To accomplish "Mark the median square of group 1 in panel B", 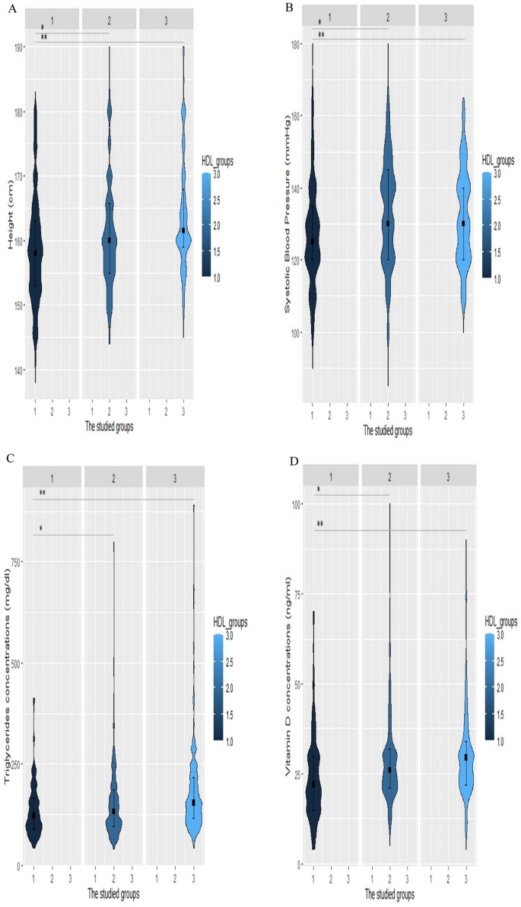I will pyautogui.click(x=312, y=241).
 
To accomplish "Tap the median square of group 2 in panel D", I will pyautogui.click(x=389, y=769).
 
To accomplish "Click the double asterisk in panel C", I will pyautogui.click(x=42, y=493).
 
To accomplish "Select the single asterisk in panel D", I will pyautogui.click(x=318, y=490).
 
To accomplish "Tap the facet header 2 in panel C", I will pyautogui.click(x=113, y=475).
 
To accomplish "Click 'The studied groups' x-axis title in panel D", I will pyautogui.click(x=389, y=891).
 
